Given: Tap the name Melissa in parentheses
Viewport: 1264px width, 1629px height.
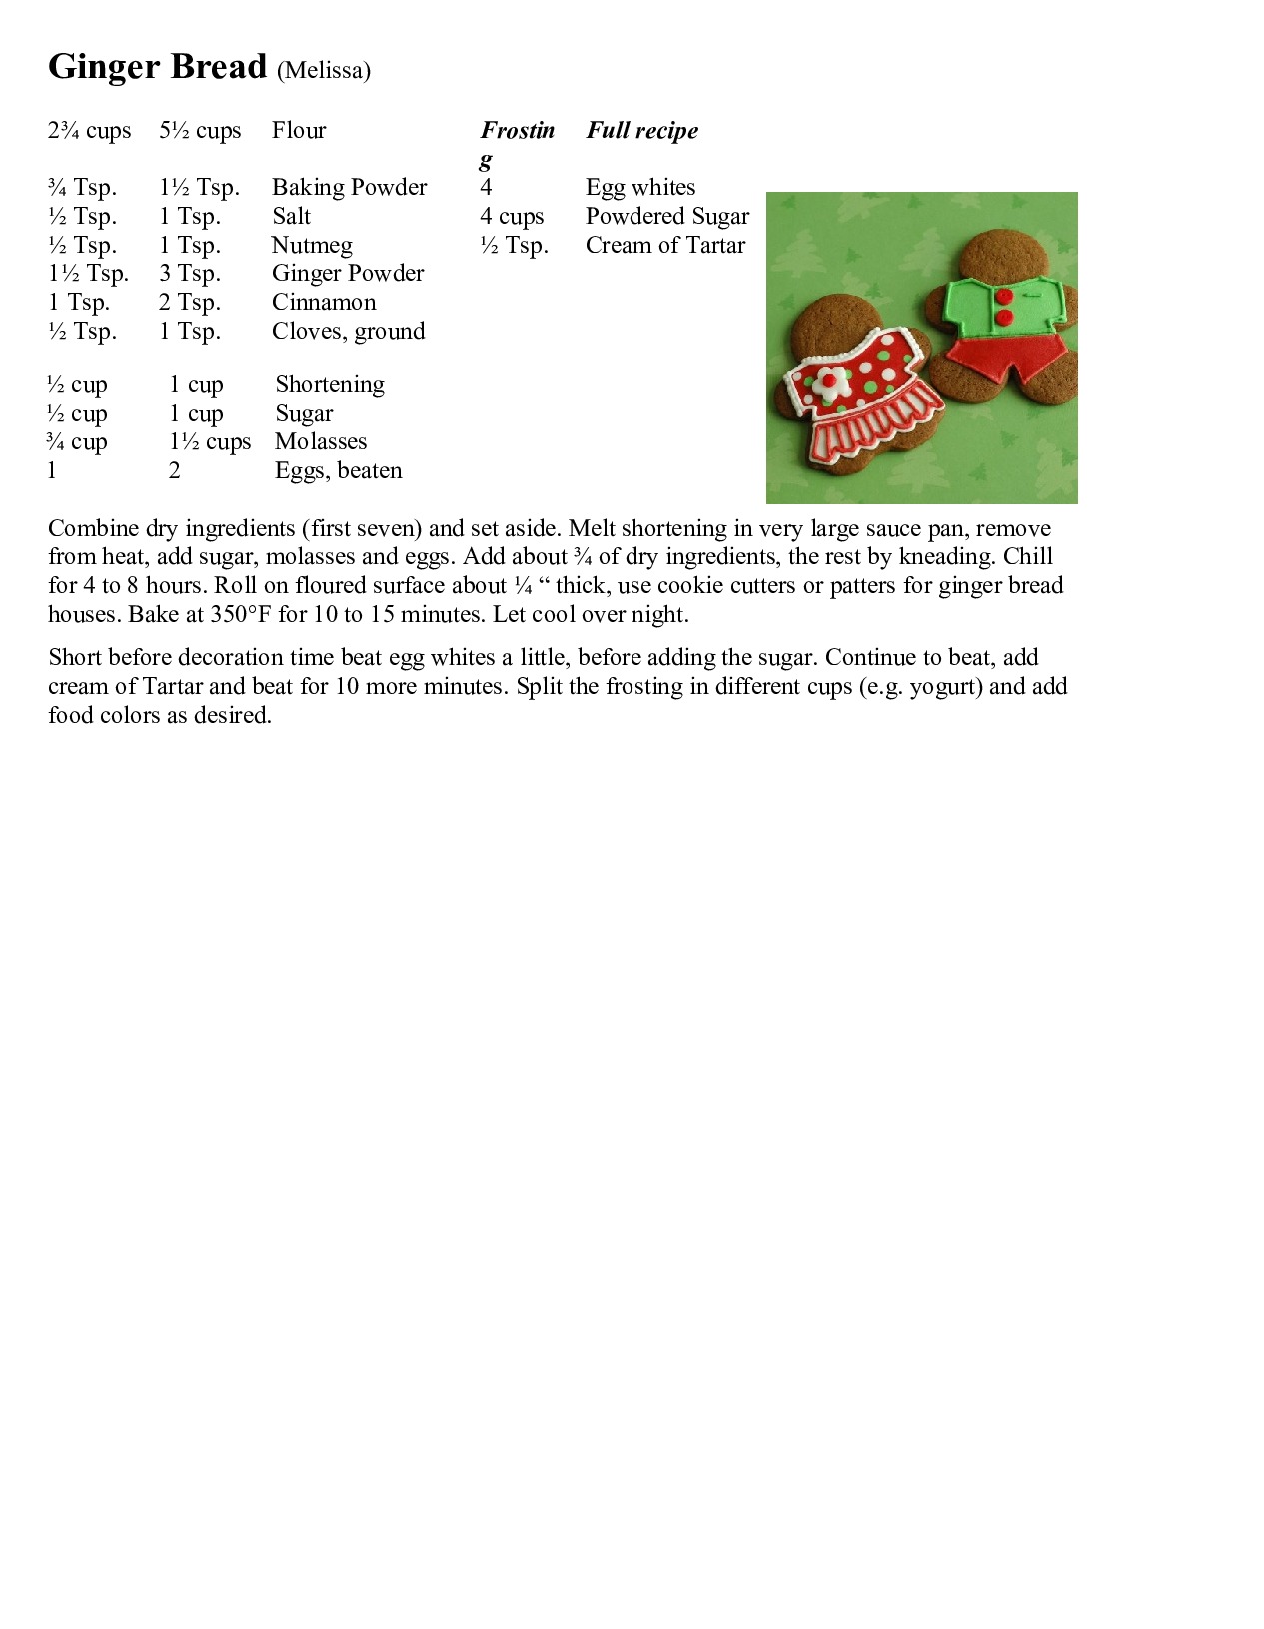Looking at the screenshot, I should click(324, 70).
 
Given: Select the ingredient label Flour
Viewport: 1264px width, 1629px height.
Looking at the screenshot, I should click(299, 131).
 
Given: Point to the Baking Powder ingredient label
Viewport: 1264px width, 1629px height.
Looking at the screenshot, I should click(349, 188).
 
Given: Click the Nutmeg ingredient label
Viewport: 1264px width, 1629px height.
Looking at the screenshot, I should click(312, 246).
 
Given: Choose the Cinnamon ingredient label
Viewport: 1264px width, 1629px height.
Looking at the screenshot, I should click(324, 303).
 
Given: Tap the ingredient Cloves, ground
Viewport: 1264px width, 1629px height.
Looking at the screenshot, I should click(348, 332).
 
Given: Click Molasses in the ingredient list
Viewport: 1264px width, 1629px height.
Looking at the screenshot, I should click(321, 442).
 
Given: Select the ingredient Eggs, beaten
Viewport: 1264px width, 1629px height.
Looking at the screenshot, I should click(338, 471).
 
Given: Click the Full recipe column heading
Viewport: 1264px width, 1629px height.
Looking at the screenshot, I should click(641, 131).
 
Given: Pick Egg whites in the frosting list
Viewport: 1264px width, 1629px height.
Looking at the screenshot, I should click(640, 188).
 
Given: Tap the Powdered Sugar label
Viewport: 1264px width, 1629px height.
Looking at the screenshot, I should click(667, 217).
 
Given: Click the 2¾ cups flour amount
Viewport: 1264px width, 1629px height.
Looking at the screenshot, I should click(89, 131).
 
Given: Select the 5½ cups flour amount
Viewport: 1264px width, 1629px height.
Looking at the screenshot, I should click(200, 131).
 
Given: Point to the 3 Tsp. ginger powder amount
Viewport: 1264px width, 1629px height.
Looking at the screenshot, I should click(189, 274).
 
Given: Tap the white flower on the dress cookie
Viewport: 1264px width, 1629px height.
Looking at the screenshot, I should click(828, 380).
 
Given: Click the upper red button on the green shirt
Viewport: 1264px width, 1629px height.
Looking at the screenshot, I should click(1003, 296).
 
